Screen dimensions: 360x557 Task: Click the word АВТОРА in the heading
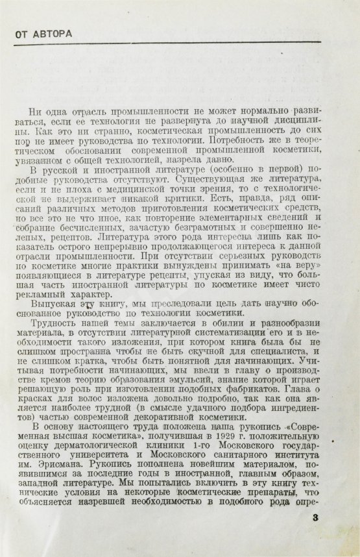[x=52, y=34]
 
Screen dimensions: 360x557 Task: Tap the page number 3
[x=316, y=518]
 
